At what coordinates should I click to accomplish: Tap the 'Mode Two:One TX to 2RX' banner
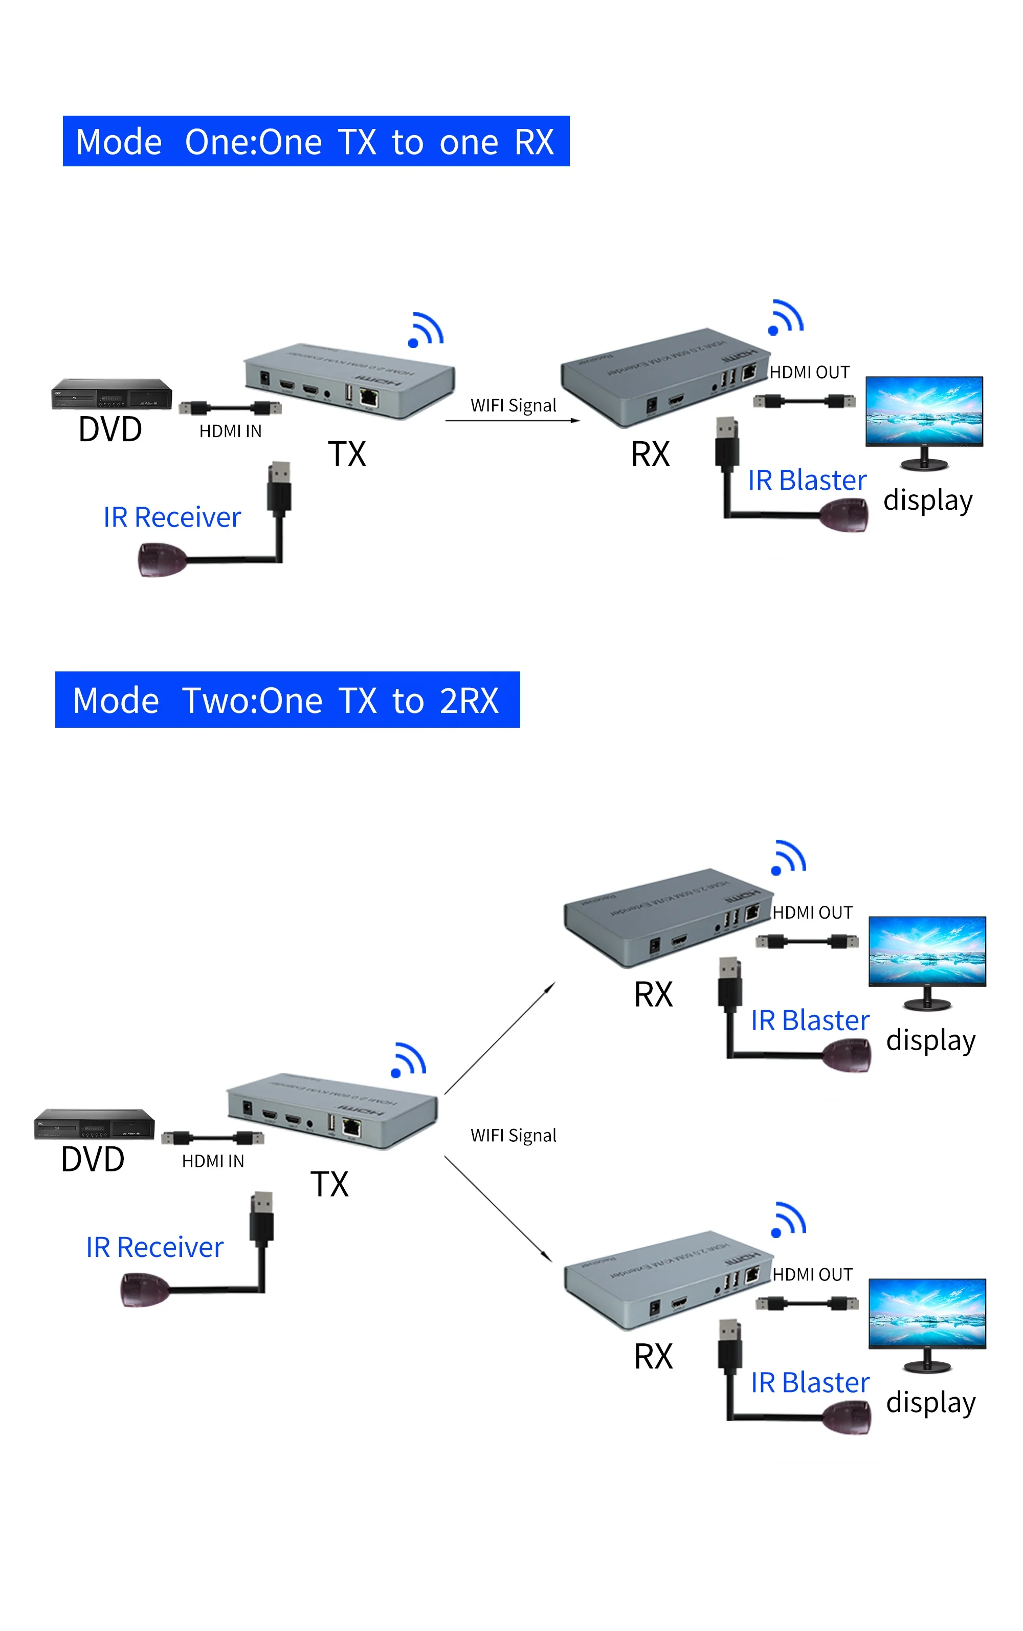point(287,700)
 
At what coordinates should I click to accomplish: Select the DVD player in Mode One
point(112,394)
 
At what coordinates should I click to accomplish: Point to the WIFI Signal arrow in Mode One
point(512,421)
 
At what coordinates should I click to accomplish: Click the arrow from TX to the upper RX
point(499,1039)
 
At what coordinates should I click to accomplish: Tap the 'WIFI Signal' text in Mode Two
point(513,1135)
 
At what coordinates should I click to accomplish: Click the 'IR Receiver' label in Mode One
point(172,517)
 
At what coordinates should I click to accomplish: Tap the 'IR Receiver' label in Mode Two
point(154,1247)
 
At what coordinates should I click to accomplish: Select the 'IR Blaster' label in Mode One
point(807,480)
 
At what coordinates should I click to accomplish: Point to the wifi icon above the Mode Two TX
point(408,1060)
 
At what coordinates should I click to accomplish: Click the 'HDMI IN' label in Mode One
point(230,431)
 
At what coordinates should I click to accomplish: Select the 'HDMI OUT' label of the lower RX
point(812,1274)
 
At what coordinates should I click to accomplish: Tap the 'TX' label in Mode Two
point(329,1184)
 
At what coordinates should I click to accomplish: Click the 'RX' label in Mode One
point(650,454)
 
